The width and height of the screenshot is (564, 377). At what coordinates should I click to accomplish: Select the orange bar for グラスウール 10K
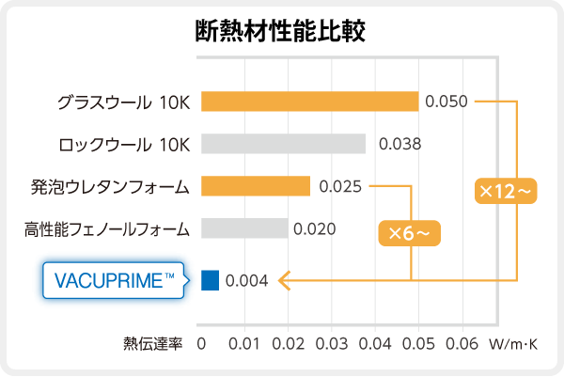(x=309, y=101)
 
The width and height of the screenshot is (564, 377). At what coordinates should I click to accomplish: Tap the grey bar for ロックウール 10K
(x=283, y=143)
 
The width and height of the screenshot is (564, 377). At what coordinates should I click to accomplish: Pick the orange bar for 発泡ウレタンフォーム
(x=256, y=186)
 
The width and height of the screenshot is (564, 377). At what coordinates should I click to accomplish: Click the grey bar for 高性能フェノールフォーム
(x=244, y=228)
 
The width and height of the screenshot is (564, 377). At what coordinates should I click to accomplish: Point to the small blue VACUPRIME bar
(x=210, y=279)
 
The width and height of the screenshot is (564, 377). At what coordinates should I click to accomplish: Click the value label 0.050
(x=446, y=102)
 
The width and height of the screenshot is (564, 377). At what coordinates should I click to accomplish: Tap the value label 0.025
(x=340, y=186)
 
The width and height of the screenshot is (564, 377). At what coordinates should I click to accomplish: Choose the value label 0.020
(x=315, y=228)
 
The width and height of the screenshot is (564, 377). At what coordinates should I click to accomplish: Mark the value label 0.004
(x=247, y=279)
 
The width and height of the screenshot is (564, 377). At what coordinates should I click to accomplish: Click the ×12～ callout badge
(x=506, y=191)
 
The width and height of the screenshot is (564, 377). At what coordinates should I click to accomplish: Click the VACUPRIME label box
(x=116, y=279)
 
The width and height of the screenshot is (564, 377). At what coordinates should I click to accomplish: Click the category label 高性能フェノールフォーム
(x=107, y=228)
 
